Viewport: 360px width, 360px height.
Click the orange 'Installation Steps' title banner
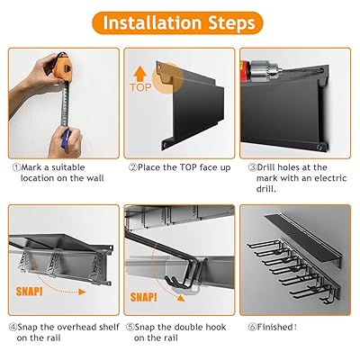click(x=177, y=22)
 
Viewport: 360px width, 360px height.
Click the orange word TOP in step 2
click(x=140, y=87)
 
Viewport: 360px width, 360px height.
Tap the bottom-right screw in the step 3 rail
click(x=320, y=147)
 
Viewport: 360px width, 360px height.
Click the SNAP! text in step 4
click(x=29, y=291)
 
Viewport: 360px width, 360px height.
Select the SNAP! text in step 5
click(x=144, y=297)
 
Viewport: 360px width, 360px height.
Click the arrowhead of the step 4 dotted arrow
click(x=82, y=292)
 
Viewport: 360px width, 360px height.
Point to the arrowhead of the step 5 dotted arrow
click(x=180, y=298)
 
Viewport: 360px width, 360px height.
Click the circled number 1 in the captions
click(x=16, y=167)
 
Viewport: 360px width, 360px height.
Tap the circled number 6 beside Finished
click(x=253, y=327)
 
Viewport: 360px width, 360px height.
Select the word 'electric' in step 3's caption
click(x=330, y=178)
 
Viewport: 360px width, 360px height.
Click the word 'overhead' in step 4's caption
click(x=77, y=327)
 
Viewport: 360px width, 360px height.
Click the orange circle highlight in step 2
click(x=167, y=78)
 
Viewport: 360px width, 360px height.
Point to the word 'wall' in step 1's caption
click(x=95, y=178)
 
